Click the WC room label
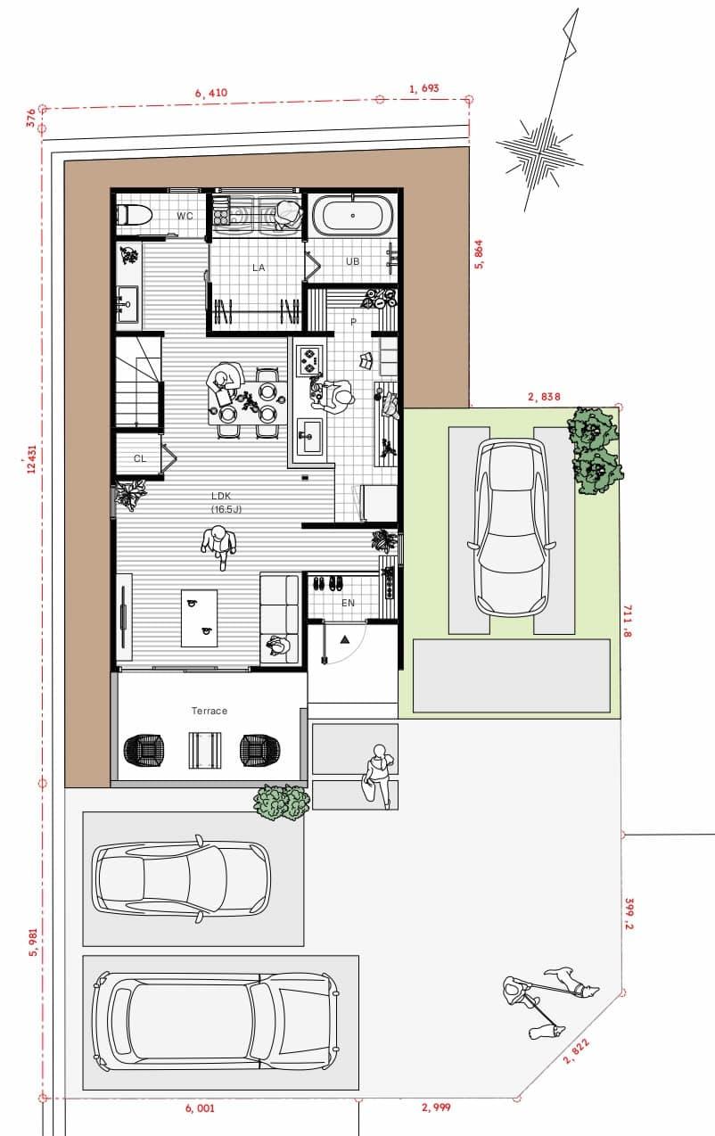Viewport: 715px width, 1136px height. pyautogui.click(x=185, y=216)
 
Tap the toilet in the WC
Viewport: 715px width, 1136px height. pyautogui.click(x=134, y=215)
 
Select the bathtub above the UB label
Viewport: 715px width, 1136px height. pyautogui.click(x=352, y=216)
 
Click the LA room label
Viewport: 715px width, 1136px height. pyautogui.click(x=259, y=268)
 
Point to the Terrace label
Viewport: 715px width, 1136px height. pyautogui.click(x=209, y=711)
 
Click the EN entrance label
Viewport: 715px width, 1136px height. pyautogui.click(x=348, y=603)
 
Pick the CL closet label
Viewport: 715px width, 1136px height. pyautogui.click(x=140, y=458)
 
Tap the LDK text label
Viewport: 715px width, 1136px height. pyautogui.click(x=221, y=496)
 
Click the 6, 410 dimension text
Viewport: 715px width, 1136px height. pyautogui.click(x=211, y=93)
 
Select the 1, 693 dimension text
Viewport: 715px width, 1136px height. pyautogui.click(x=424, y=88)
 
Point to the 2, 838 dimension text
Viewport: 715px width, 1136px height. pyautogui.click(x=544, y=397)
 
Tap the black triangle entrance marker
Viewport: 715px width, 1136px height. pyautogui.click(x=345, y=639)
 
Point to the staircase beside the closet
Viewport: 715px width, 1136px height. pyautogui.click(x=139, y=383)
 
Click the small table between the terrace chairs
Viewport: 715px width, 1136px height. pyautogui.click(x=205, y=750)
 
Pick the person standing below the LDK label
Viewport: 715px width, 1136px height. pyautogui.click(x=219, y=546)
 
